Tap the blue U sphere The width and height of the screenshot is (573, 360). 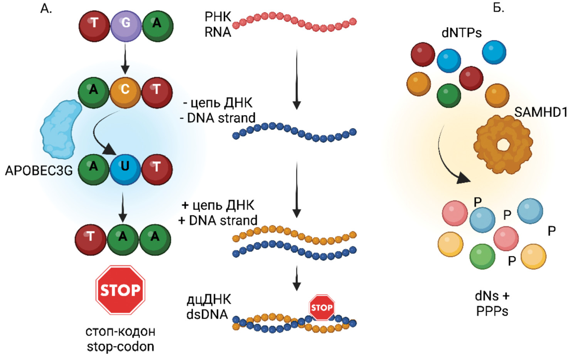pos(125,169)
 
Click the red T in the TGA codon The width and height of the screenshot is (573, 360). pos(94,25)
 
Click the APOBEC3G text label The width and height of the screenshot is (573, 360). pos(39,171)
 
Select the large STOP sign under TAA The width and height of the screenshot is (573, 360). pos(120,290)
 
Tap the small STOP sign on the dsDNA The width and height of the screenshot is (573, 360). pos(322,307)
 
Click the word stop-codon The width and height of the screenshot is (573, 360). pos(120,346)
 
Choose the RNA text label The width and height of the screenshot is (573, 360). pos(217,32)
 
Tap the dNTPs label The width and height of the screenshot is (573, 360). pos(461,33)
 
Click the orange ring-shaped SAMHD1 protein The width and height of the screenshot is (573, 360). pos(503,144)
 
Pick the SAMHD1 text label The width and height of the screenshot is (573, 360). pos(541,112)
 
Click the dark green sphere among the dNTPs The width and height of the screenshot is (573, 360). pos(449,95)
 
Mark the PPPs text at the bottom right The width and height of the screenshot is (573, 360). pos(492,311)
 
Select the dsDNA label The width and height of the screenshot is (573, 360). pos(207,314)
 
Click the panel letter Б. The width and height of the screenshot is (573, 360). pos(499,8)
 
